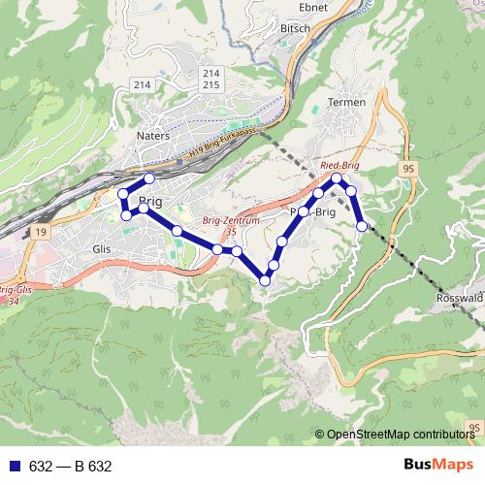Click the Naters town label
(153, 136)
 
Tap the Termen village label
(346, 102)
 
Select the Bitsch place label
(294, 29)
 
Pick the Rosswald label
(461, 299)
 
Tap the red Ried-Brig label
(339, 166)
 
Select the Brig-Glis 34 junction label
(16, 295)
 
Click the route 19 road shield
(38, 232)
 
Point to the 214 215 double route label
(210, 80)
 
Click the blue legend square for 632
(15, 467)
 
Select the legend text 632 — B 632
(71, 467)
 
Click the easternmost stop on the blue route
(363, 226)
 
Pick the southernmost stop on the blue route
(265, 280)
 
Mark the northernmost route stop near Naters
(149, 178)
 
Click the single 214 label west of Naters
(143, 85)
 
